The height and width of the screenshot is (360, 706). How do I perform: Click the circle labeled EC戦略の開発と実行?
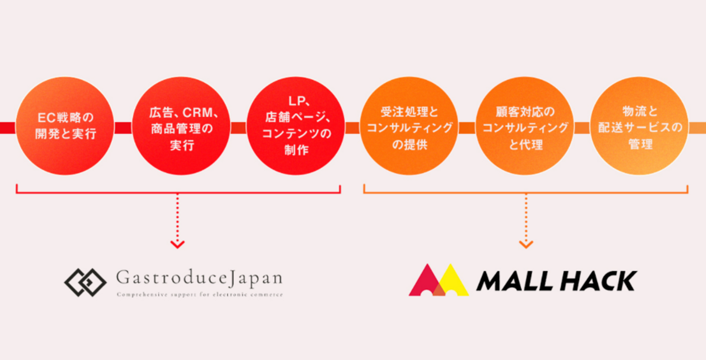(65, 126)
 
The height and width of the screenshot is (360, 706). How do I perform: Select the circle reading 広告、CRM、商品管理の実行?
(181, 126)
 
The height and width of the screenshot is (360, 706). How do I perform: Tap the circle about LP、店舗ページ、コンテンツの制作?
(296, 126)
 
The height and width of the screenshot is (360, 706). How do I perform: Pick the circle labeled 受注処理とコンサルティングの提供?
(409, 126)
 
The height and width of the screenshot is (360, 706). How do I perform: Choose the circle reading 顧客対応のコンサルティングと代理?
(525, 126)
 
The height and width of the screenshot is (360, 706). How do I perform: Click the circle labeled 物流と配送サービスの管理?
(639, 126)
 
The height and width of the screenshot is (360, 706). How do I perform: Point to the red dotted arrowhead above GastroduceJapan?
(177, 244)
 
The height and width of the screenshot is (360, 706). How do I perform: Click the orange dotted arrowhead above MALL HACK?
(526, 244)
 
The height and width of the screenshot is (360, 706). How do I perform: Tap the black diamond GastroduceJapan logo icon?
(85, 283)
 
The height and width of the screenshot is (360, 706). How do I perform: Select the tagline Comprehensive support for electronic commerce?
(200, 295)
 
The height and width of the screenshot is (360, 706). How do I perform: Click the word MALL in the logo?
(514, 281)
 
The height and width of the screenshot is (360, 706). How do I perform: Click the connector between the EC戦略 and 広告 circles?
(123, 128)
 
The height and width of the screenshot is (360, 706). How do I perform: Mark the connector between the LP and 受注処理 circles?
(353, 128)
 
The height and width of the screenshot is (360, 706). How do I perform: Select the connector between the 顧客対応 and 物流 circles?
(582, 128)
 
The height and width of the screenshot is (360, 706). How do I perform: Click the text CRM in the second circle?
(198, 112)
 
